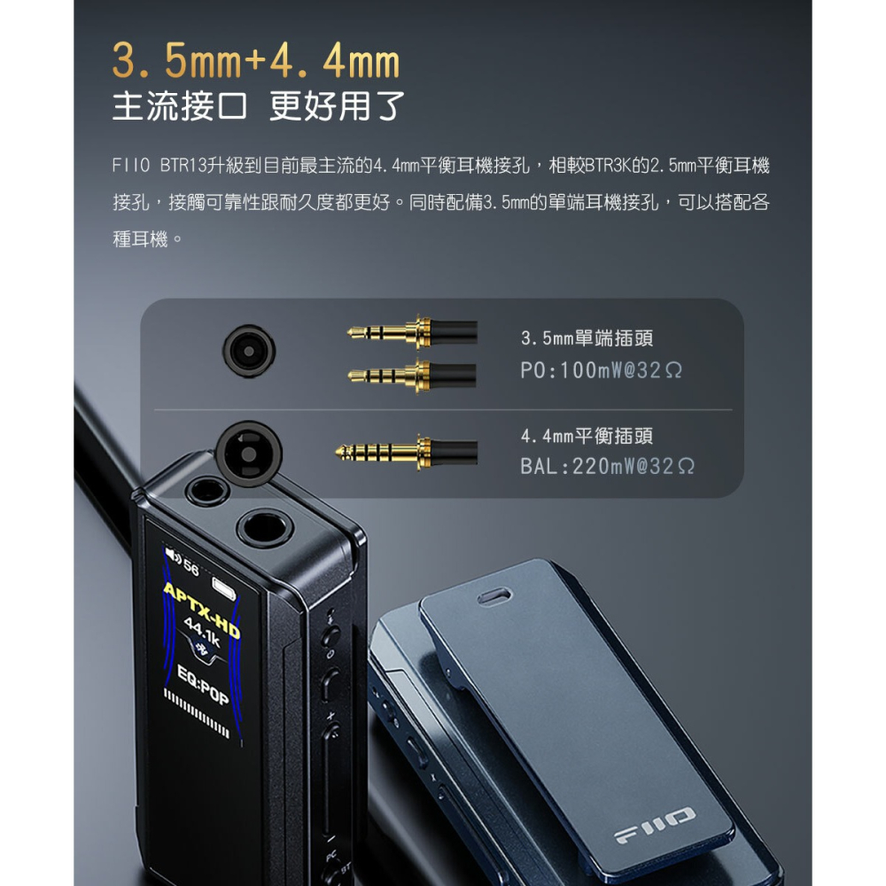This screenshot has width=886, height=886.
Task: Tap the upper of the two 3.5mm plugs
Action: click(412, 333)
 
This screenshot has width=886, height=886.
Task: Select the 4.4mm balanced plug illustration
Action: click(406, 451)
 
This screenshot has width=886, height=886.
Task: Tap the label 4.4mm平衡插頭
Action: click(587, 435)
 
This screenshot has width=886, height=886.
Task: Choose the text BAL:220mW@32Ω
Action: click(607, 466)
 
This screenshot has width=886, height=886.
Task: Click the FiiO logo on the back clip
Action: click(657, 825)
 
